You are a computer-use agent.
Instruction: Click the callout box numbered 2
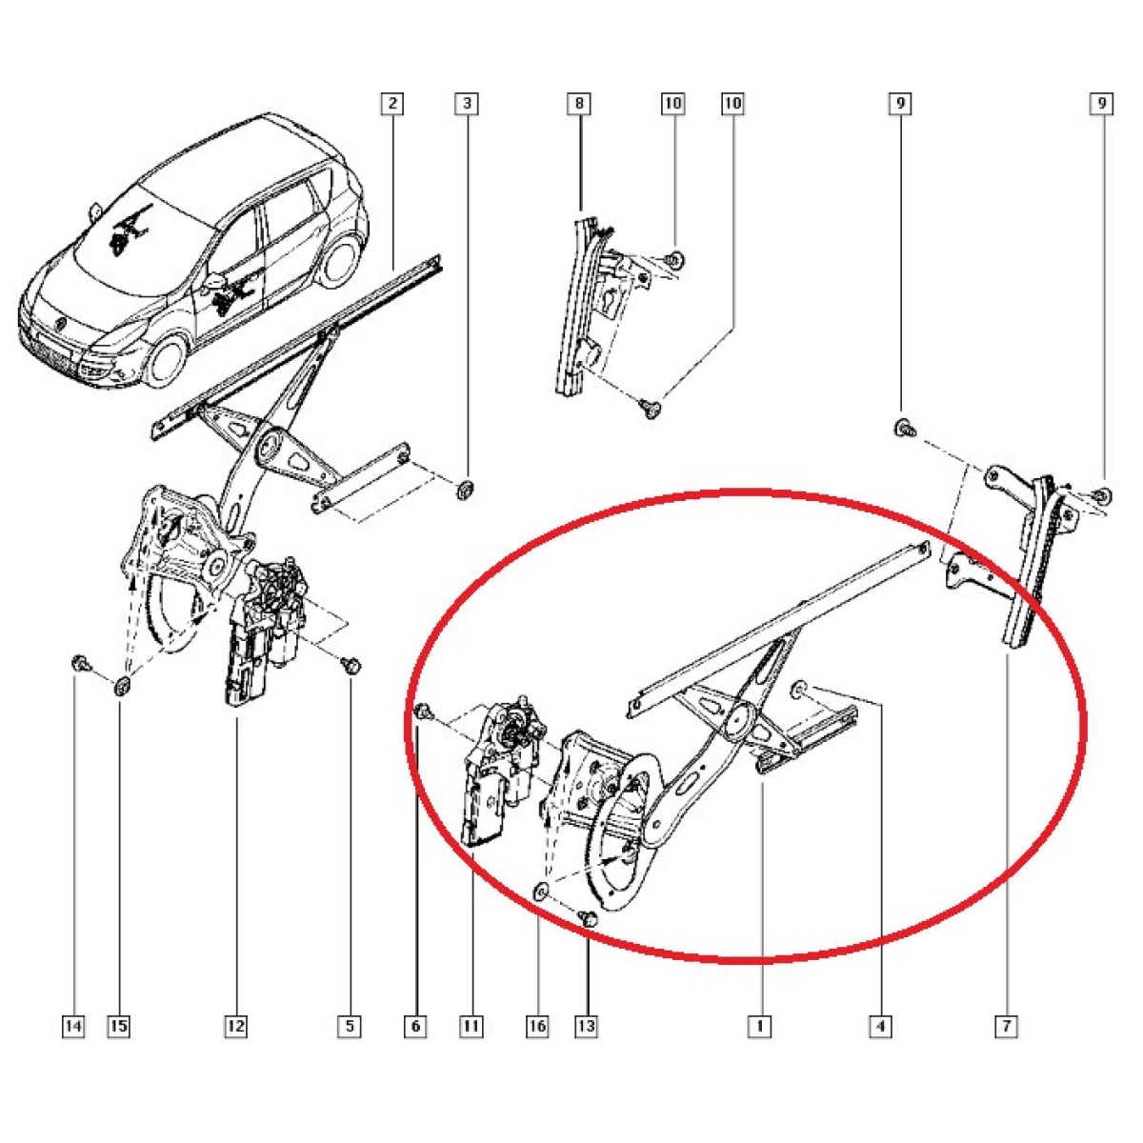(392, 103)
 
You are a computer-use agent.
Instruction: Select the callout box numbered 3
(467, 103)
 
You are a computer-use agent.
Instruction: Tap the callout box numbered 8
(579, 103)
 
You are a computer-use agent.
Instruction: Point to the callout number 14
(73, 1026)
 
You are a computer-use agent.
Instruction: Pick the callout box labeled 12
(235, 1026)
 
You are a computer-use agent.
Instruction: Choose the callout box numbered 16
(537, 1026)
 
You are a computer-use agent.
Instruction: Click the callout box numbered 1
(759, 1026)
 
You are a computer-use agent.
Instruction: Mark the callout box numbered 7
(1006, 1026)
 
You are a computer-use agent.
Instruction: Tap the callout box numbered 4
(880, 1026)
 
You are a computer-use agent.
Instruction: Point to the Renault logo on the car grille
(60, 323)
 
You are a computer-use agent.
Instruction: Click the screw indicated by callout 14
(80, 664)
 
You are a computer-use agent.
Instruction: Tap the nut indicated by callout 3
(466, 490)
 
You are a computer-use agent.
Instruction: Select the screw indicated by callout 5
(352, 666)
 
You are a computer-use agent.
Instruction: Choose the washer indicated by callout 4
(799, 688)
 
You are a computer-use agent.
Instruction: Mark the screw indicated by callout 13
(589, 936)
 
